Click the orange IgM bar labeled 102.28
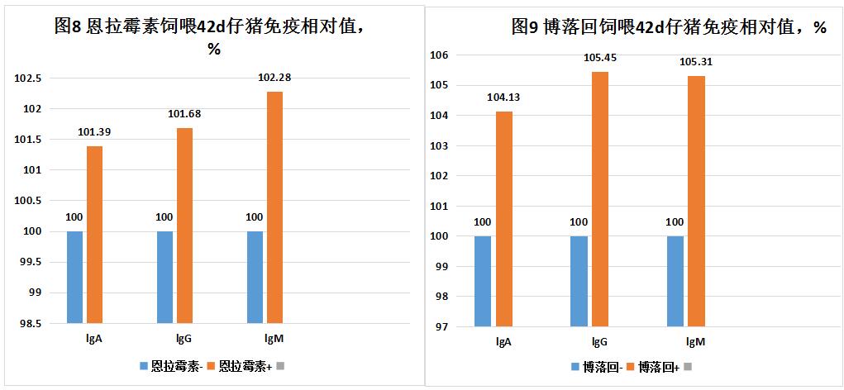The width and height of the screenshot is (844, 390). point(275,207)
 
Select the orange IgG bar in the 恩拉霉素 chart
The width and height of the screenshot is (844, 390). point(184,225)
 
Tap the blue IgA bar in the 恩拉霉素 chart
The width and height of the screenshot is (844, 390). point(75,277)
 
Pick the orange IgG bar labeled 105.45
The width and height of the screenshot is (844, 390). point(600,198)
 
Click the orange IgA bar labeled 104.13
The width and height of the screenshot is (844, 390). point(503,218)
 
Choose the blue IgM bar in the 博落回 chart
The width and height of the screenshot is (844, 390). point(675,281)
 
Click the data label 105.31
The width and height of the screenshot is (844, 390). point(696,61)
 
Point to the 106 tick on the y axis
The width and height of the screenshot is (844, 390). point(438,55)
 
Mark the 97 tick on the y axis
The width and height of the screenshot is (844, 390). point(441,326)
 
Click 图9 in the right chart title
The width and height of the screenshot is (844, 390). point(525,26)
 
